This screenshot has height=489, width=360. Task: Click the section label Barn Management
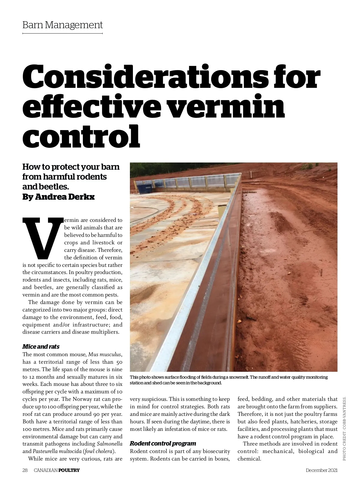point(62,25)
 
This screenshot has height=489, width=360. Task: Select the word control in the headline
point(81,137)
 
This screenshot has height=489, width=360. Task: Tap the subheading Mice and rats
point(41,347)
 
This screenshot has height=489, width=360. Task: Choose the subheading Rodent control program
point(163,443)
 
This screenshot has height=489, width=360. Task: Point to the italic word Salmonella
point(109,444)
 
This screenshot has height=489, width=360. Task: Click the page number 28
point(25,470)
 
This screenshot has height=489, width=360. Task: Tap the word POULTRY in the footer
point(69,470)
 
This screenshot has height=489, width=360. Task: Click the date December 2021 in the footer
point(322,470)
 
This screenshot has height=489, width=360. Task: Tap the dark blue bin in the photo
point(145,189)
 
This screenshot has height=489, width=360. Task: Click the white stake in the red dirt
point(251,175)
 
